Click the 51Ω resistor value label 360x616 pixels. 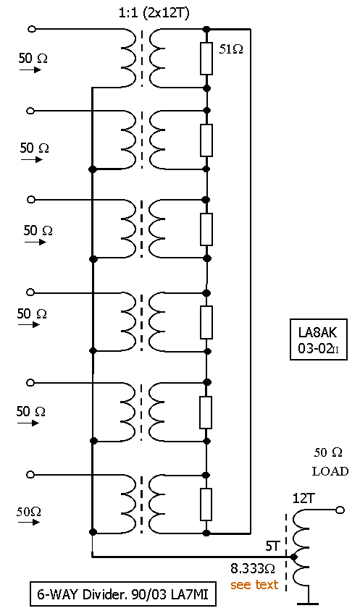click(230, 49)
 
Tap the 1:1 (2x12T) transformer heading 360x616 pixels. click(154, 13)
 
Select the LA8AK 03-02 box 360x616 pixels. click(318, 339)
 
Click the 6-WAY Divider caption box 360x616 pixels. click(123, 594)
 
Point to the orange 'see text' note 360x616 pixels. click(254, 585)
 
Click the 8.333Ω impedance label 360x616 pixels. click(253, 568)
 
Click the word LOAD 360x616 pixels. click(330, 471)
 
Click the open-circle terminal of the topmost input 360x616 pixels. click(32, 29)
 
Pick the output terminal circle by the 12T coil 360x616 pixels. click(340, 510)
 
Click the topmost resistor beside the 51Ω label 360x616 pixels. click(206, 59)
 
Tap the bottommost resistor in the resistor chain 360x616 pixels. click(206, 505)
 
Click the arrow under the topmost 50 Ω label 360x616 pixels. click(30, 70)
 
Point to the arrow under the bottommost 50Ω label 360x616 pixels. click(29, 522)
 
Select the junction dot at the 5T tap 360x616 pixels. click(293, 557)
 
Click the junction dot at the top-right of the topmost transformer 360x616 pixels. click(206, 29)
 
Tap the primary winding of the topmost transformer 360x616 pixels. click(128, 58)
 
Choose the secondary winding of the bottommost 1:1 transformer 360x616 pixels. click(156, 504)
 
